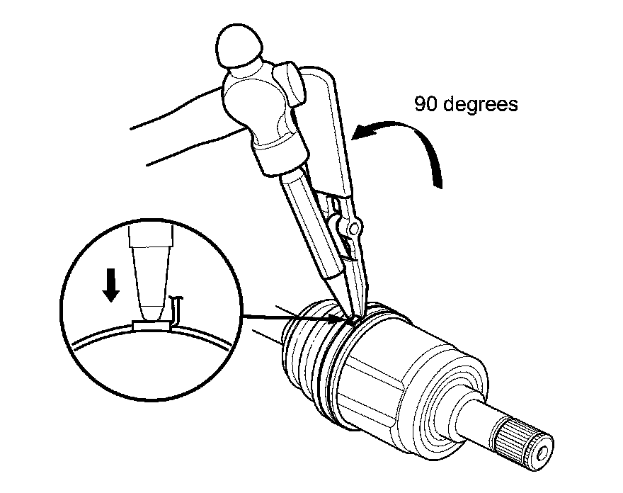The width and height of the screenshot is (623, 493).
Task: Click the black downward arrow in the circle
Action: (110, 284)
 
